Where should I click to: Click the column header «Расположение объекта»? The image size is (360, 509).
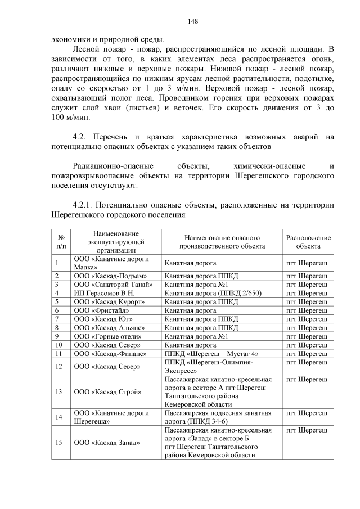point(308,242)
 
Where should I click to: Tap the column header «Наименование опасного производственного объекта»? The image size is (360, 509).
point(222,242)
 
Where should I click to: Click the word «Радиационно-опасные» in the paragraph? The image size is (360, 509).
point(110,166)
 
